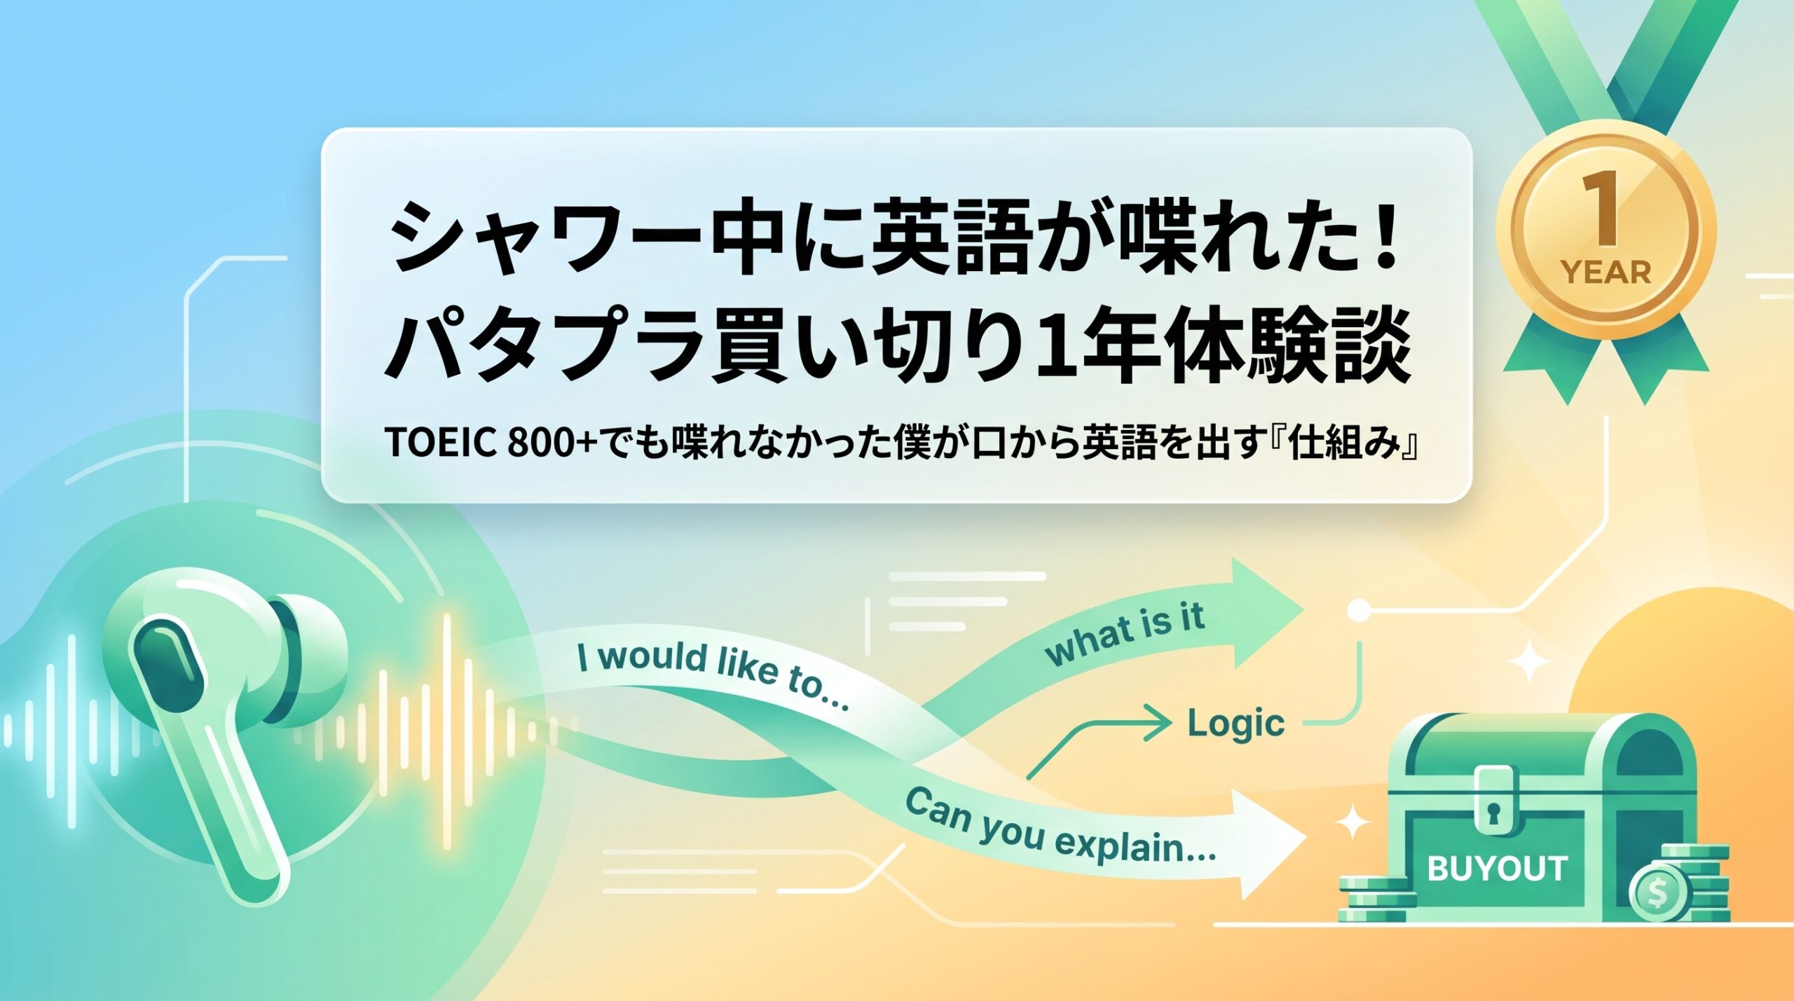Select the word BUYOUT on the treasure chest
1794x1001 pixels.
pyautogui.click(x=1497, y=869)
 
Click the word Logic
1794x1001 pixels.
pyautogui.click(x=1236, y=724)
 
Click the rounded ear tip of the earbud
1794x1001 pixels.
pyautogui.click(x=312, y=648)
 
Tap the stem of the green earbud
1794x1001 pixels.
pyautogui.click(x=231, y=799)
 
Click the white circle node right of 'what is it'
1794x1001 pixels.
pyautogui.click(x=1358, y=610)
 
